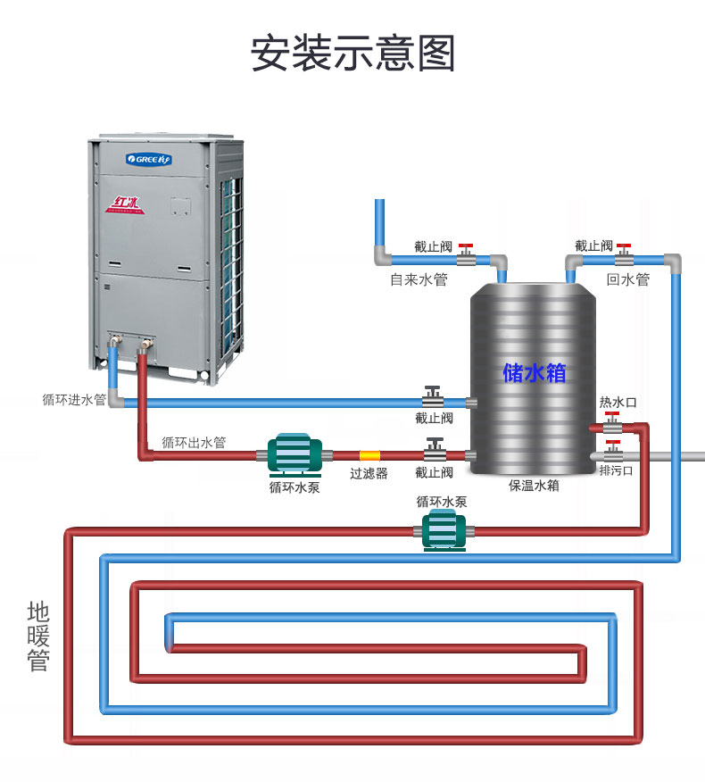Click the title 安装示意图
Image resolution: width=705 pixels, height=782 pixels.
click(352, 53)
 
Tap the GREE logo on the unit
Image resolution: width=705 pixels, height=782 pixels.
click(148, 159)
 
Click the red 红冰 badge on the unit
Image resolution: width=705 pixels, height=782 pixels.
click(125, 205)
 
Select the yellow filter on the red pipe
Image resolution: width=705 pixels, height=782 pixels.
click(369, 455)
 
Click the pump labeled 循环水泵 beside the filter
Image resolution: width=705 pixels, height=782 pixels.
click(294, 454)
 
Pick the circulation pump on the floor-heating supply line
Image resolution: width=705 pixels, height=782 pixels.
click(444, 531)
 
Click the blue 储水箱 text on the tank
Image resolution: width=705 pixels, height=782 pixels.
click(534, 372)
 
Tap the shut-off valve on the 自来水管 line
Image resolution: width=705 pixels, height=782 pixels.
click(466, 256)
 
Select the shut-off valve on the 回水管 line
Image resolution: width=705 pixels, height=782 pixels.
click(624, 256)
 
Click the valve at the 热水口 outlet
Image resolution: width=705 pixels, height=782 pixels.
click(612, 424)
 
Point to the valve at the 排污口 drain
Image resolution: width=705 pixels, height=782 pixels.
click(612, 452)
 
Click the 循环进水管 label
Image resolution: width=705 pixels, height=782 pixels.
click(74, 399)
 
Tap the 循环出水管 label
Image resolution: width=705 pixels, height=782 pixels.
click(194, 443)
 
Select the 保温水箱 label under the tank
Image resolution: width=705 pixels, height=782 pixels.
click(534, 486)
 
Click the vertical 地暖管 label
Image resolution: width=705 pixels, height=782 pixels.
click(38, 636)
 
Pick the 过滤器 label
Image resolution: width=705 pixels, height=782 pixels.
click(369, 473)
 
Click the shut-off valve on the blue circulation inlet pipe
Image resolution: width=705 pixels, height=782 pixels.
click(433, 397)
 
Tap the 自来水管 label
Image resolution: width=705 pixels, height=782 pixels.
click(419, 279)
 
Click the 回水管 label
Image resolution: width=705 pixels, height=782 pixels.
click(628, 279)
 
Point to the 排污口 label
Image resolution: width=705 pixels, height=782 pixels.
click(617, 470)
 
